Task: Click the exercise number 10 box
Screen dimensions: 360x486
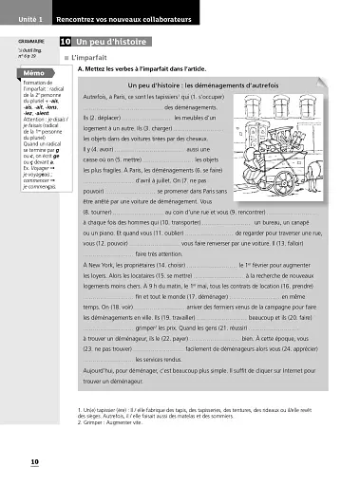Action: pyautogui.click(x=64, y=43)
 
